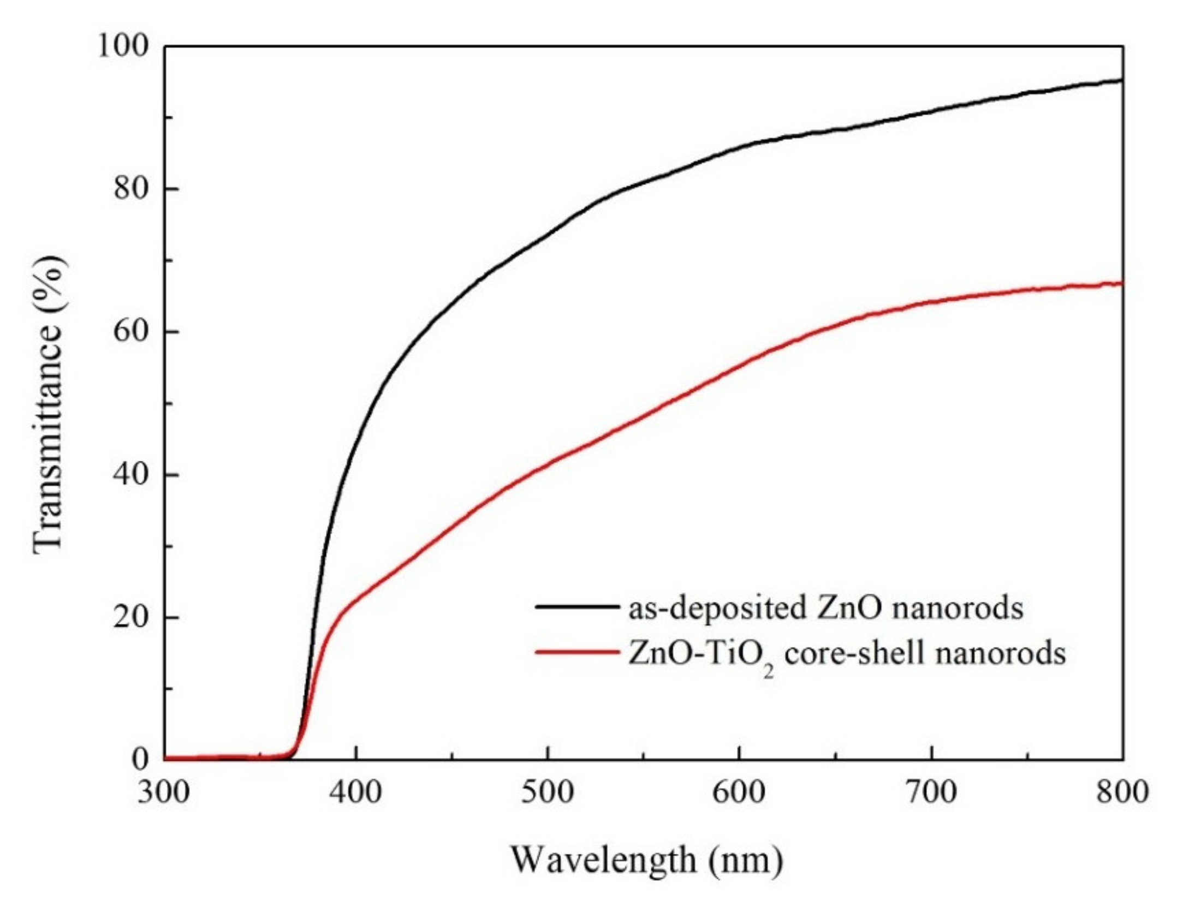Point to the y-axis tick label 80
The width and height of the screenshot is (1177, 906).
point(132,189)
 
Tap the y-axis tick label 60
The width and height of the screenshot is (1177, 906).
point(132,332)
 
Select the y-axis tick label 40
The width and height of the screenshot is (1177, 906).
point(132,475)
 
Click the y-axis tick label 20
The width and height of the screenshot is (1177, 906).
point(132,617)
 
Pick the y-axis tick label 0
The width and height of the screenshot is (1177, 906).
point(140,760)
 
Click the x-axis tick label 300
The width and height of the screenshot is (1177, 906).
point(164,792)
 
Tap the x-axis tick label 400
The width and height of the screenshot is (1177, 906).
point(356,792)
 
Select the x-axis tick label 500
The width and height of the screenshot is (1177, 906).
point(548,792)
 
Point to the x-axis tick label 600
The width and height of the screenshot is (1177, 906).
point(739,792)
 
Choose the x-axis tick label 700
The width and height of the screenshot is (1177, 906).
point(931,792)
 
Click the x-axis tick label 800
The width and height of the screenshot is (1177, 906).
point(1122,792)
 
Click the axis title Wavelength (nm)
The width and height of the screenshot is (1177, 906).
point(647,861)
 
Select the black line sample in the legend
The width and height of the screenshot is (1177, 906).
point(577,606)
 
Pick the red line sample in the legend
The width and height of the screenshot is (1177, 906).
point(577,652)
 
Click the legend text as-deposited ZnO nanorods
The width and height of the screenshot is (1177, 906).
point(825,607)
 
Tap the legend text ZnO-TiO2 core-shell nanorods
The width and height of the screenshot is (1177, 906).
point(846,654)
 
